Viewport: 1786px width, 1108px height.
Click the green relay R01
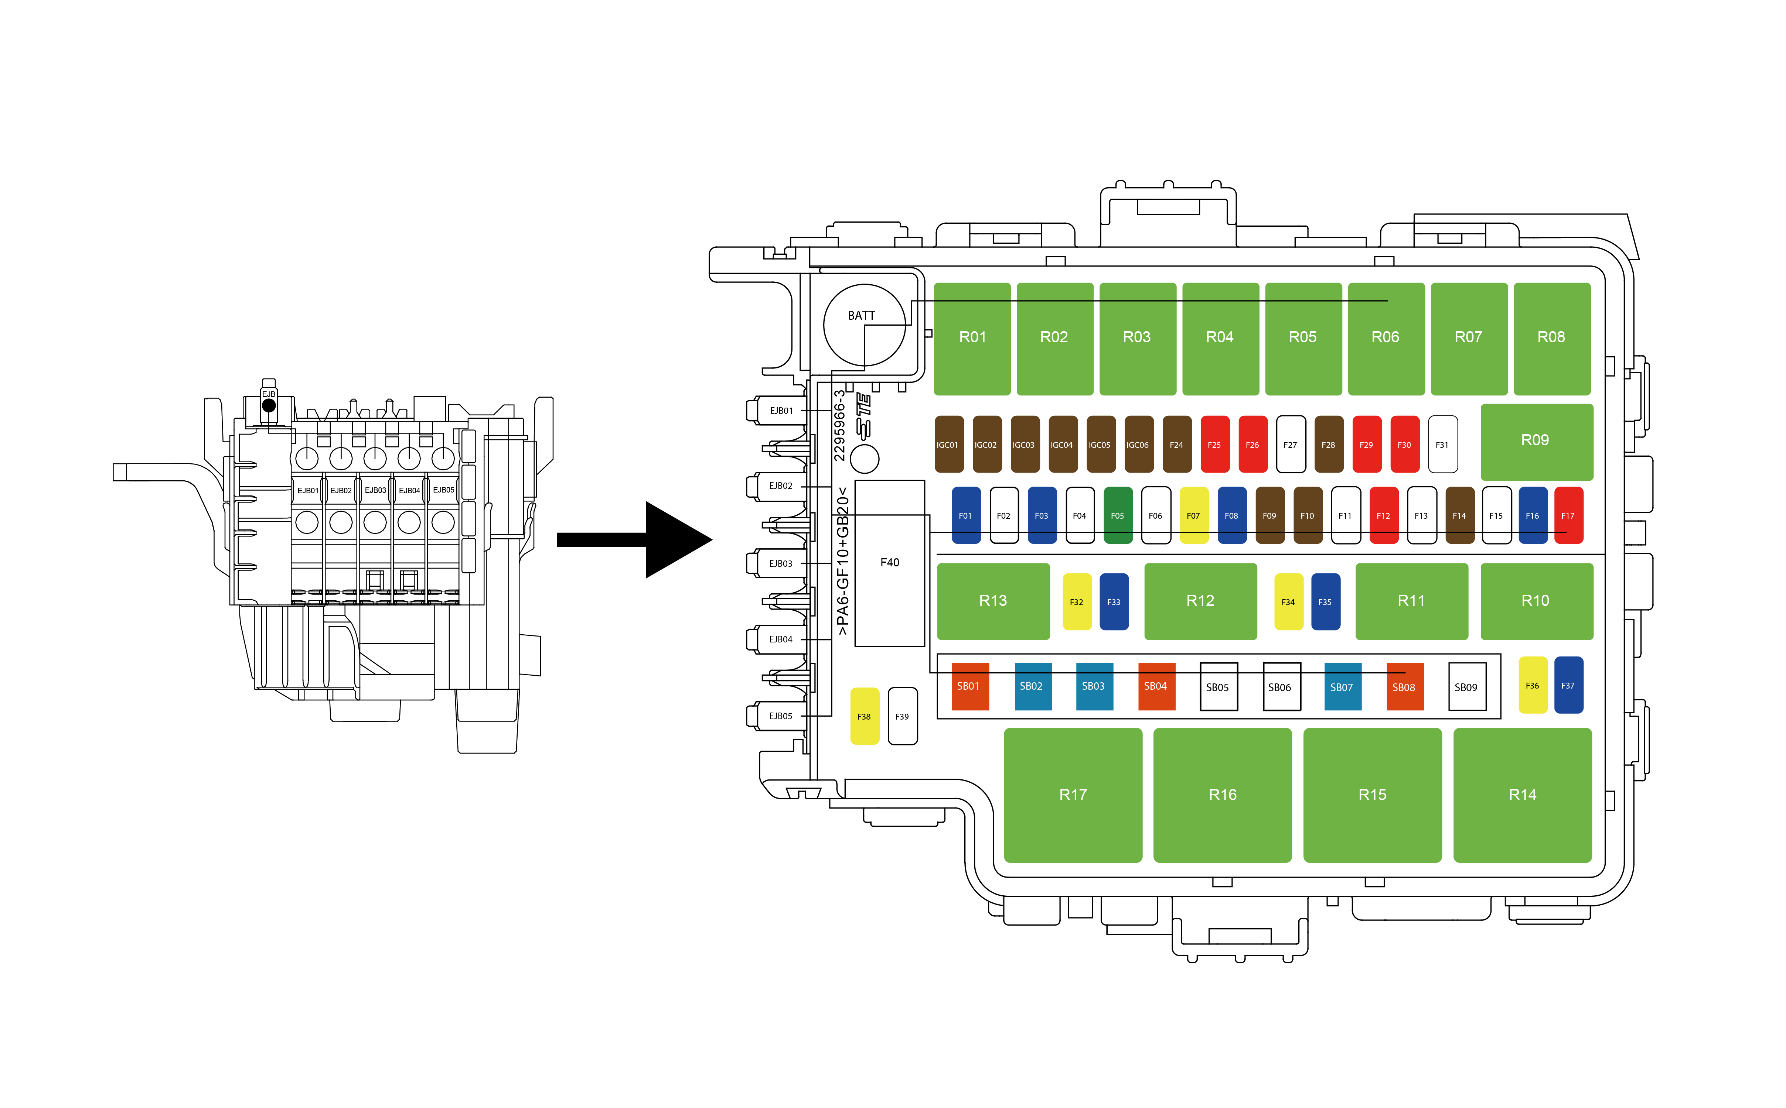pyautogui.click(x=972, y=338)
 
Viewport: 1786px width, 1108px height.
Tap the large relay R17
pyautogui.click(x=1073, y=795)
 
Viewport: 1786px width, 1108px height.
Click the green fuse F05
pyautogui.click(x=1117, y=516)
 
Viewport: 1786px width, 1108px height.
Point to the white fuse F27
pyautogui.click(x=1291, y=445)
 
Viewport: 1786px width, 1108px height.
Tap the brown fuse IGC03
pyautogui.click(x=1024, y=445)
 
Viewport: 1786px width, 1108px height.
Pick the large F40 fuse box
pyautogui.click(x=889, y=563)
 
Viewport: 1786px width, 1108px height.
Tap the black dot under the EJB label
pyautogui.click(x=269, y=405)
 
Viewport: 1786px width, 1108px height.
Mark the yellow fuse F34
pyautogui.click(x=1288, y=602)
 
